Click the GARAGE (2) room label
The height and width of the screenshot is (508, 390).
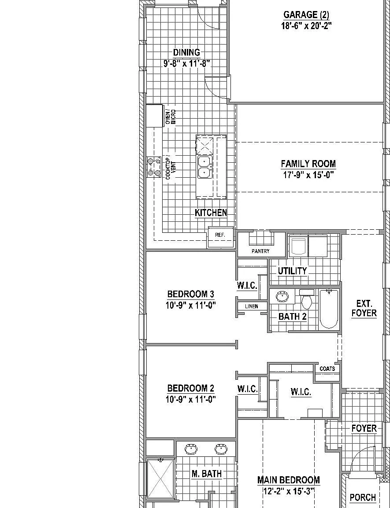pyautogui.click(x=306, y=15)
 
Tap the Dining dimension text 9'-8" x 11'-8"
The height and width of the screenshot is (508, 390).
pyautogui.click(x=187, y=63)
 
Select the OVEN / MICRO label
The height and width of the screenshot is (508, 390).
pyautogui.click(x=171, y=116)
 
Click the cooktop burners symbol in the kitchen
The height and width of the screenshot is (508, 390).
pyautogui.click(x=154, y=167)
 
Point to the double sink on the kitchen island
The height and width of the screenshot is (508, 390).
pyautogui.click(x=204, y=167)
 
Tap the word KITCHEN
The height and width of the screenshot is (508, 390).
pyautogui.click(x=211, y=213)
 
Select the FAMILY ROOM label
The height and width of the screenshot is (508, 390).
pyautogui.click(x=308, y=164)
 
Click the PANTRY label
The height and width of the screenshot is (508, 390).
pyautogui.click(x=260, y=251)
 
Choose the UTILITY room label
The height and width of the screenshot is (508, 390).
pyautogui.click(x=292, y=271)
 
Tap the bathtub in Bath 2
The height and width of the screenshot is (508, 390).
pyautogui.click(x=329, y=309)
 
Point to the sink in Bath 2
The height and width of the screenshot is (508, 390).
pyautogui.click(x=282, y=296)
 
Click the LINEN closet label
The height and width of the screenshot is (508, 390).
pyautogui.click(x=252, y=306)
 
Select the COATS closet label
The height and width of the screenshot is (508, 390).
pyautogui.click(x=327, y=369)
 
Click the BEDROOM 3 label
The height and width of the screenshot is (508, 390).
pyautogui.click(x=191, y=294)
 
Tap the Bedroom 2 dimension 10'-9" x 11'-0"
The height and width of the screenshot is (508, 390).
pyautogui.click(x=191, y=399)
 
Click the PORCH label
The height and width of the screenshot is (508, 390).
pyautogui.click(x=363, y=497)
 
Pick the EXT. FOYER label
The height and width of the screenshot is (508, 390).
pyautogui.click(x=364, y=308)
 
